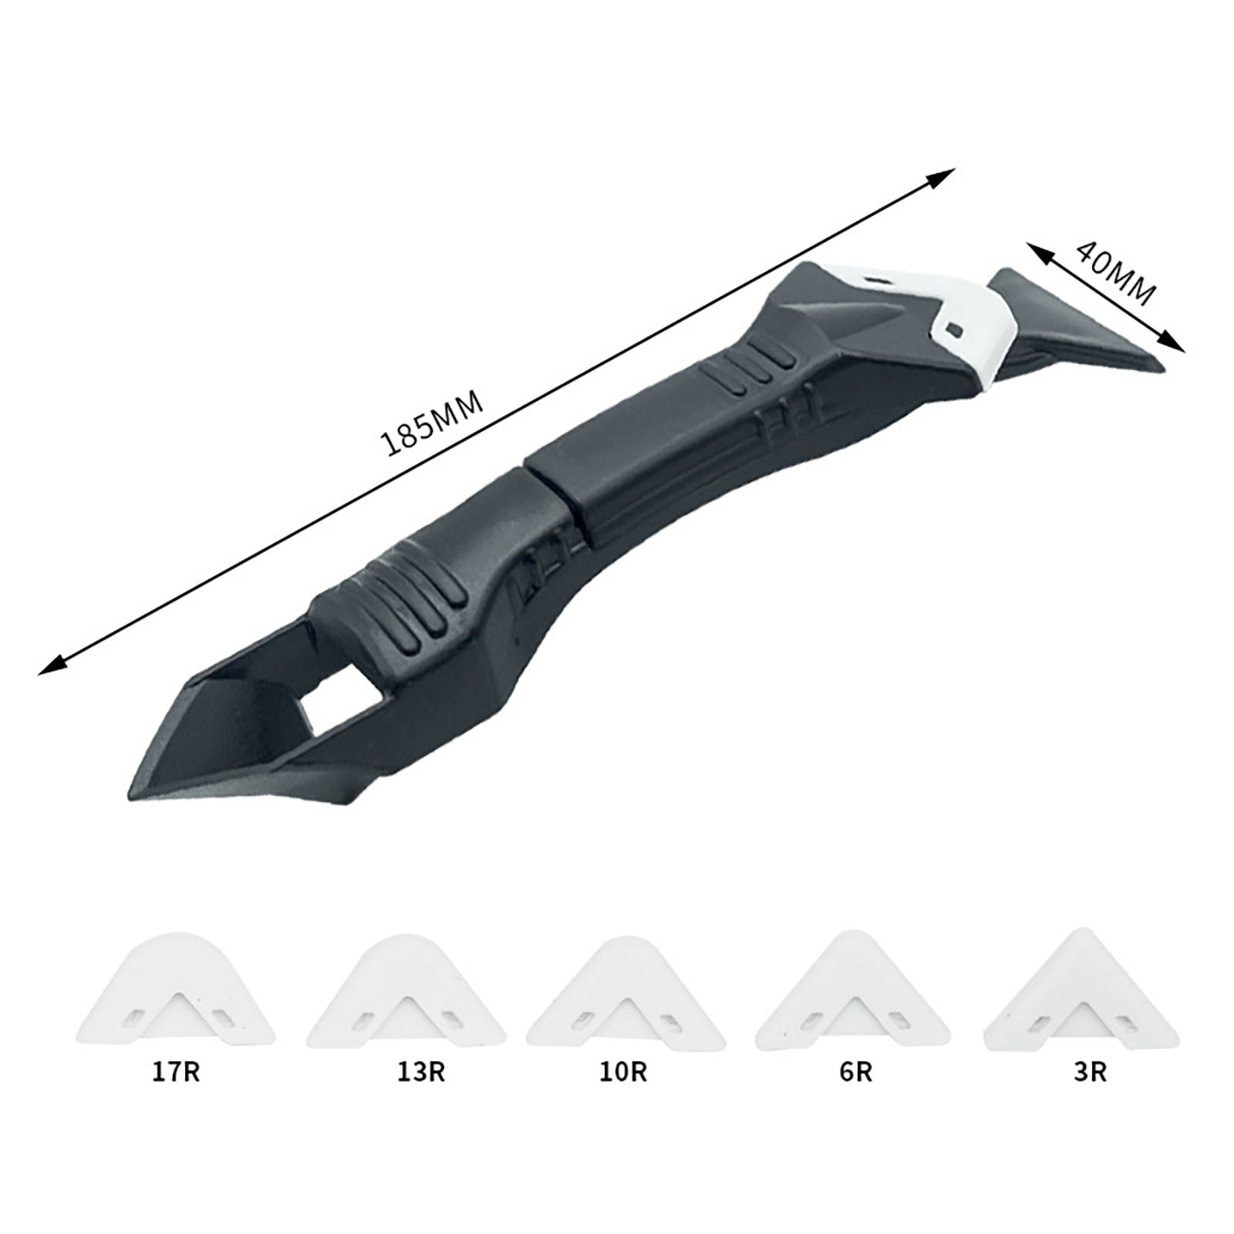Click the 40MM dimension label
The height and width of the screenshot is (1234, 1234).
coord(1116,273)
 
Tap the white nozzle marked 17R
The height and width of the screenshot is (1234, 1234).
coord(176,990)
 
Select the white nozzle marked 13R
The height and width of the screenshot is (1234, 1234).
coord(406,992)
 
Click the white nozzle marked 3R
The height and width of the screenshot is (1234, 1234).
coord(1081,990)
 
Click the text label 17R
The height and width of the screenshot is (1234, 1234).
coord(176,1072)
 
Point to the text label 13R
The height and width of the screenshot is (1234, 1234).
coord(421,1072)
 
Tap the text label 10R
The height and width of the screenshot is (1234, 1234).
coord(623,1072)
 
